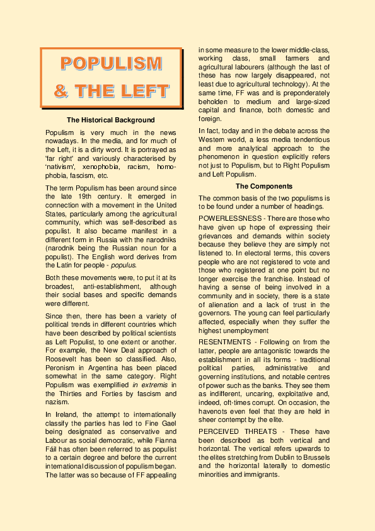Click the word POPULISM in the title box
pos(112,64)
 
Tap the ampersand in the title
pos(62,91)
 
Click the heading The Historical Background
pos(110,120)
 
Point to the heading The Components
pos(264,187)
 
